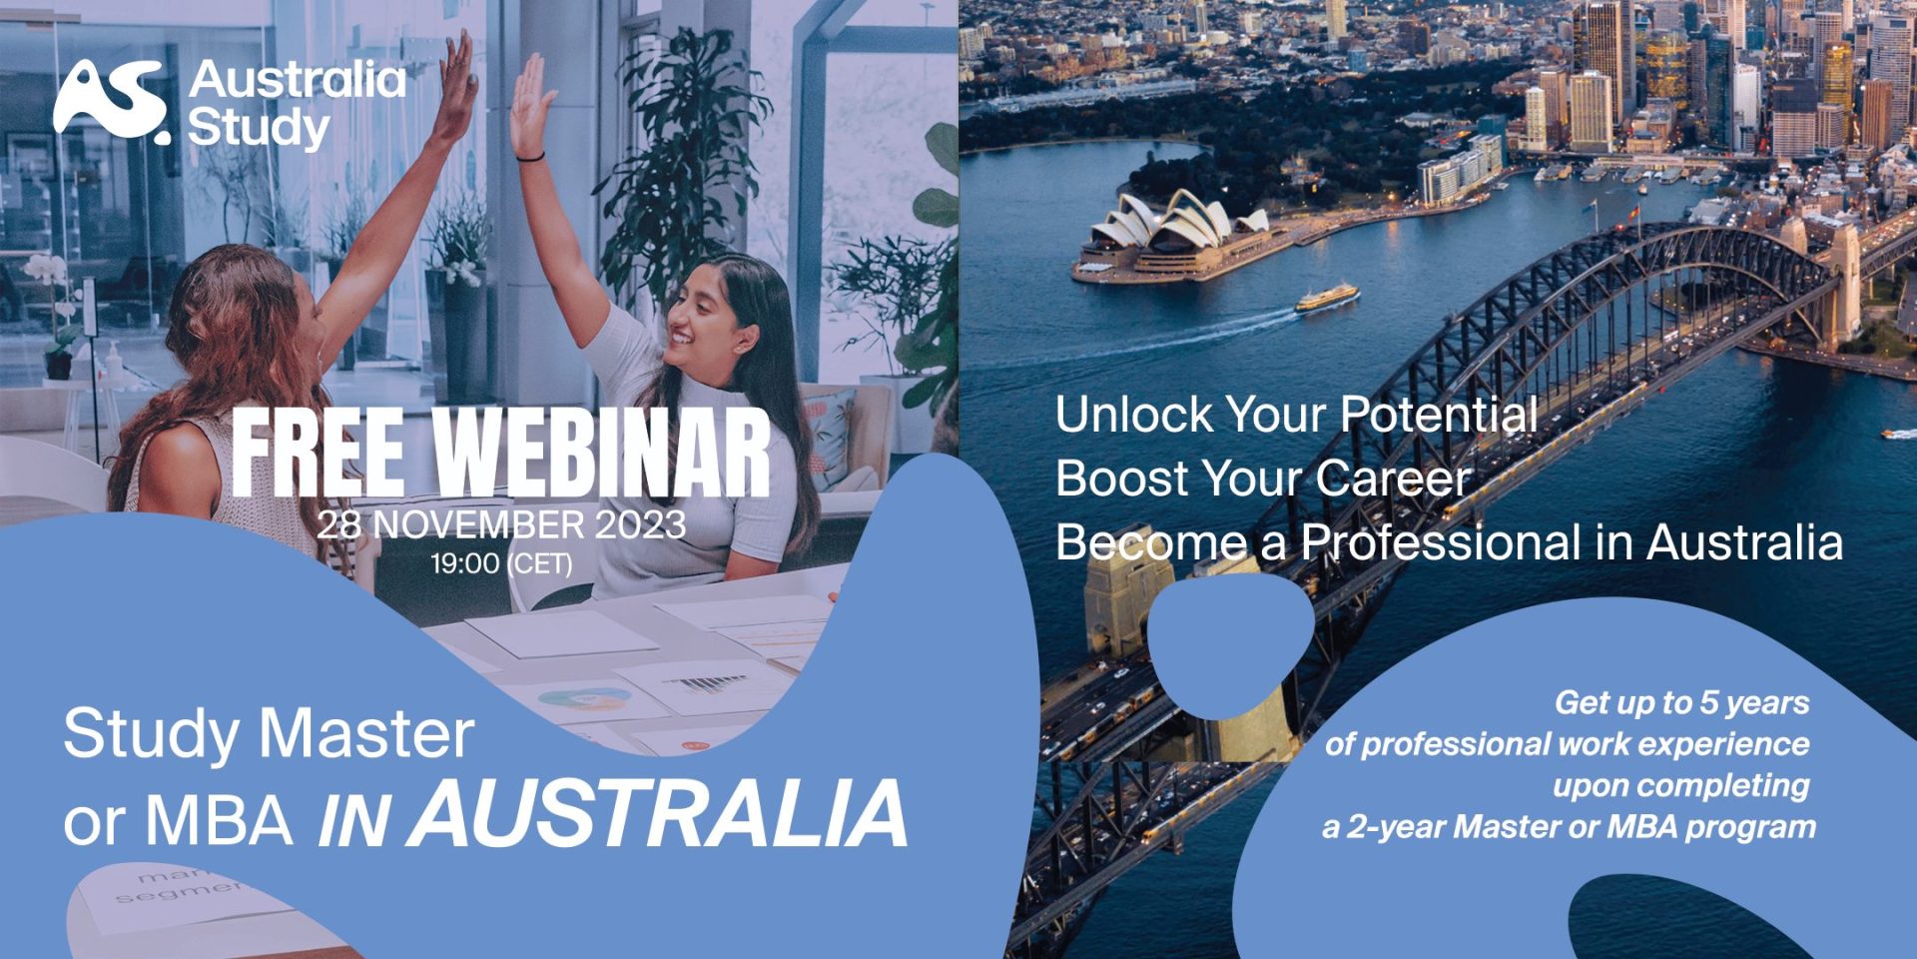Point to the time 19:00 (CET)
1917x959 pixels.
point(501,563)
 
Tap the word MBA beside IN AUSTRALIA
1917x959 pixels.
point(221,820)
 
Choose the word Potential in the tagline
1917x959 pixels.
point(1438,414)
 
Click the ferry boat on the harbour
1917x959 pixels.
point(1327,297)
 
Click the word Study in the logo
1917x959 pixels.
point(259,129)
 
